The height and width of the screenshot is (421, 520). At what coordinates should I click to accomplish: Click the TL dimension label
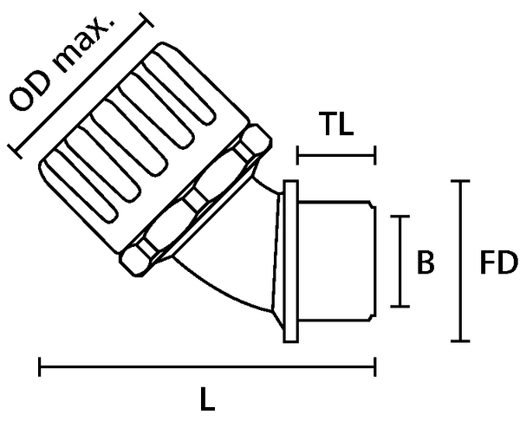coord(336,124)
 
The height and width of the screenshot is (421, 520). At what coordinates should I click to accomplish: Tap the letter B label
coord(426,262)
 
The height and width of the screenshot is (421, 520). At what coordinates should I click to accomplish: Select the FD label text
coord(499,262)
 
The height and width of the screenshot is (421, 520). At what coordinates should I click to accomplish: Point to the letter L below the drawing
coord(208,398)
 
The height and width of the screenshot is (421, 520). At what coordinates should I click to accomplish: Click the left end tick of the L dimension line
coord(40,367)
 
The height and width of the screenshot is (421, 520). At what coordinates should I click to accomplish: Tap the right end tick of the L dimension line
coord(375,367)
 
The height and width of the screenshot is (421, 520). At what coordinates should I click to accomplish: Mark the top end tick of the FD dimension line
coord(460,181)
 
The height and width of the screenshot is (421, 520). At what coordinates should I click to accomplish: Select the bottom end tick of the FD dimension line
coord(460,340)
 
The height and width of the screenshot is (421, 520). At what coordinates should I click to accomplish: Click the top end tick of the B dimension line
coord(400,217)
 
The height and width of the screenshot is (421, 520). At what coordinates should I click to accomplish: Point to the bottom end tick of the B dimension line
coord(400,307)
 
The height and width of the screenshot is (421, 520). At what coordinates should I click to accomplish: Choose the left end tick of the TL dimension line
coord(297,155)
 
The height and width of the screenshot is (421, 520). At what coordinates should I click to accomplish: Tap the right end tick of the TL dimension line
coord(375,155)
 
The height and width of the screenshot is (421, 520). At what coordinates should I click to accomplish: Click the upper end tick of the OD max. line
coord(146,20)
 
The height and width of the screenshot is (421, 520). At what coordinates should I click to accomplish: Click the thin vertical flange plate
coord(291,262)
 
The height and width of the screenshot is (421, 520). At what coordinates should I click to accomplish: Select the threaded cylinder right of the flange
coord(337,261)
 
